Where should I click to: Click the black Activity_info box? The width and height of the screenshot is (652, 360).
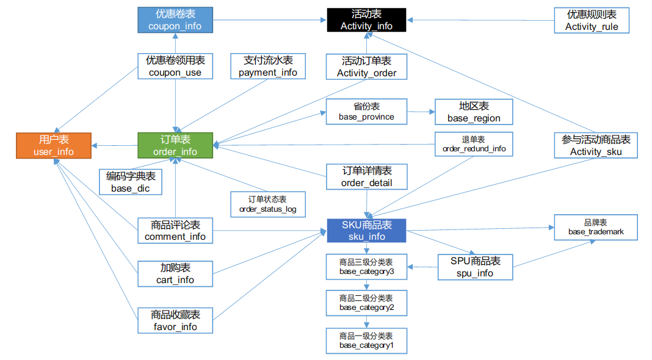[366, 20]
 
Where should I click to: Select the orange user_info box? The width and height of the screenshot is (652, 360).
[54, 145]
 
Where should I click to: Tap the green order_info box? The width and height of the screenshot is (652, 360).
[175, 145]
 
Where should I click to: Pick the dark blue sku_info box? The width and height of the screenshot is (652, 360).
[366, 231]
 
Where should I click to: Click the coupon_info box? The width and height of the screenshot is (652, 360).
[175, 20]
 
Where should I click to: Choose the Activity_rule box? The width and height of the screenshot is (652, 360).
[592, 20]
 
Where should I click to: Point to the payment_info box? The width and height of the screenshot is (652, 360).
[268, 66]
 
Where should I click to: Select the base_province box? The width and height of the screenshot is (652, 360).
[366, 112]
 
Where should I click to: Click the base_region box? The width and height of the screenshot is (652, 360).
[474, 112]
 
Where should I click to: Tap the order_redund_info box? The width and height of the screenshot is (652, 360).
[474, 144]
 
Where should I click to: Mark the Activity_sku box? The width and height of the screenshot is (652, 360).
[595, 145]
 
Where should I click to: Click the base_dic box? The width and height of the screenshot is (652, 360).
[131, 182]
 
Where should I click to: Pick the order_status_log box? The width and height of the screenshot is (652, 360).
[268, 204]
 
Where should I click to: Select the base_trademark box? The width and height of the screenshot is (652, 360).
[595, 228]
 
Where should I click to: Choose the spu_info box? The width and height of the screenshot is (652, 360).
[475, 267]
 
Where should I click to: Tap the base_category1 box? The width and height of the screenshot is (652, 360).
[366, 341]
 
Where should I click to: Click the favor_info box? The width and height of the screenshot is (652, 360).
[175, 320]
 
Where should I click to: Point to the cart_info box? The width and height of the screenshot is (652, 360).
[175, 274]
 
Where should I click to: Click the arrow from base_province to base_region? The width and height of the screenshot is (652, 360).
[421, 112]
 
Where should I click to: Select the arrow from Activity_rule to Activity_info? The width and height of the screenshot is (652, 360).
[480, 20]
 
